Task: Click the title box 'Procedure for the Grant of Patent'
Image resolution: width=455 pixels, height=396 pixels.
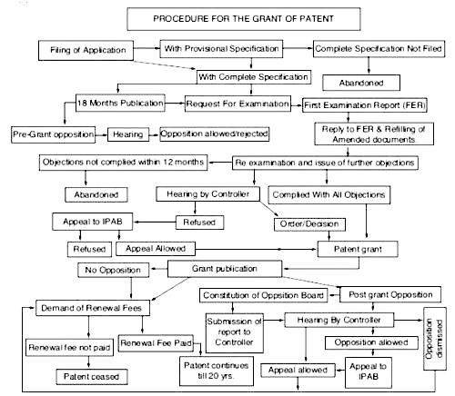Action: click(x=244, y=19)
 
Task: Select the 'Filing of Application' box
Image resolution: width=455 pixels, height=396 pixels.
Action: click(x=86, y=50)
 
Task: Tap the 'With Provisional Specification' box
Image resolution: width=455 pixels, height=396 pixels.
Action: click(x=221, y=49)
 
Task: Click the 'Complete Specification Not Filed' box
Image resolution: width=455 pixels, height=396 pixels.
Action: click(x=379, y=49)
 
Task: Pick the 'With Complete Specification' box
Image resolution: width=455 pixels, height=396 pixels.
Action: click(x=254, y=77)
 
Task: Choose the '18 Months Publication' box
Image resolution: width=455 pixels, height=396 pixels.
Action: click(x=120, y=103)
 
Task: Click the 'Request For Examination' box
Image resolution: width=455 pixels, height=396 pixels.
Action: click(x=238, y=104)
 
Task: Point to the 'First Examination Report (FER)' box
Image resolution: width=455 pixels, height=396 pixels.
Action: click(x=365, y=105)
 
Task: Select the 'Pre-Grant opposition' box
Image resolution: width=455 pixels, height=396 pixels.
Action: click(x=53, y=134)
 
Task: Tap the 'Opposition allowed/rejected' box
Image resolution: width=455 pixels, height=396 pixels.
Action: click(x=215, y=134)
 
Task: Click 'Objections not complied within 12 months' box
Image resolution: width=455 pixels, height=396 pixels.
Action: click(x=123, y=163)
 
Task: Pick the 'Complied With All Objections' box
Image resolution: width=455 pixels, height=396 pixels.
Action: click(x=329, y=194)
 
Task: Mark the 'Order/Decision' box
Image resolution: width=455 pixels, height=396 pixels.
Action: click(x=309, y=224)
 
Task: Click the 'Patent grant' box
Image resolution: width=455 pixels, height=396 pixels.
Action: click(x=358, y=249)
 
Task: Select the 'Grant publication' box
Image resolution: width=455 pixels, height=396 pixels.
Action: click(x=225, y=269)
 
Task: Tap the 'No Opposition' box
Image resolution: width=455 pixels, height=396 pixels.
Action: click(x=113, y=270)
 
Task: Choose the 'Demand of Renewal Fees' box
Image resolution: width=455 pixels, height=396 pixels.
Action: click(x=93, y=308)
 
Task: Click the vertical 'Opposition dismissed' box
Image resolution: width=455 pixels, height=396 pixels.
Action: click(x=435, y=339)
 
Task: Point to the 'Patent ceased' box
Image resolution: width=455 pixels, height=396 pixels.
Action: click(x=92, y=377)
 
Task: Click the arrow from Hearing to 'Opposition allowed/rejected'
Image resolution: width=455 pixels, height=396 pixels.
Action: click(x=155, y=134)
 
